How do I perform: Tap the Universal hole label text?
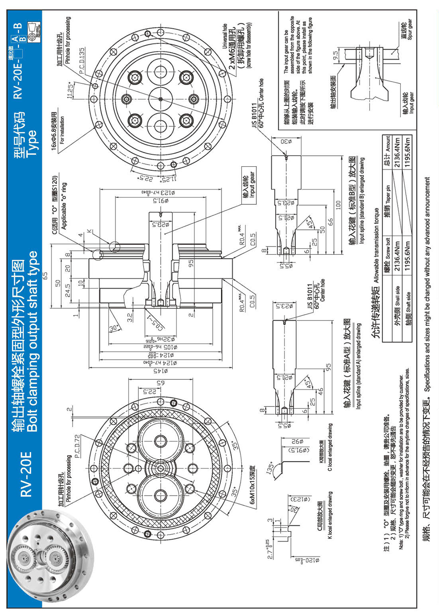click(225, 36)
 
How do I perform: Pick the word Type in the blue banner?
click(31, 144)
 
